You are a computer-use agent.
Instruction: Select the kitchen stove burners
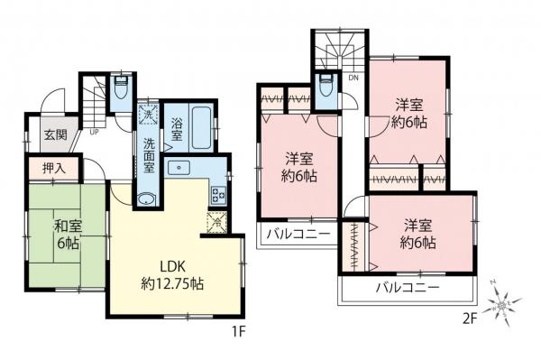(217, 192)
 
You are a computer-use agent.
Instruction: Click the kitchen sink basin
(180, 168)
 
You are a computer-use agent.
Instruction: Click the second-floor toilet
(326, 87)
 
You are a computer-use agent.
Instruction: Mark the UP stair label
(94, 131)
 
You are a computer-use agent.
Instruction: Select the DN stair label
(352, 78)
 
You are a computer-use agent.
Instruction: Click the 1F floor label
(237, 330)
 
